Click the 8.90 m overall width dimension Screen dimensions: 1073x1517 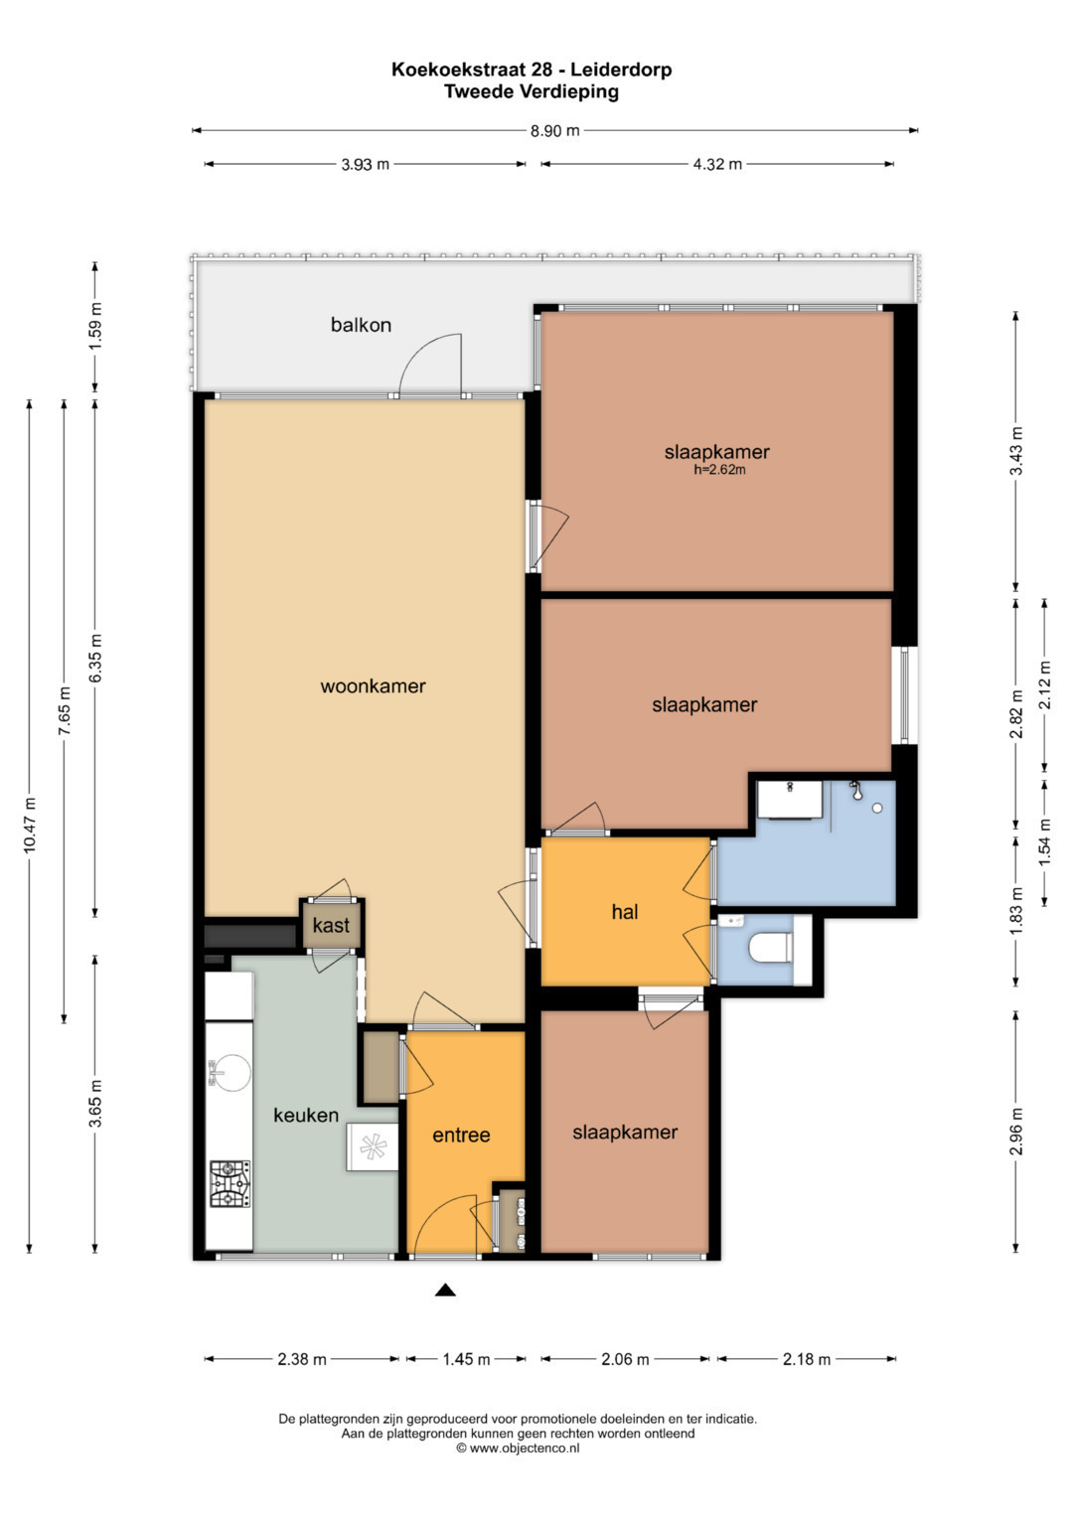click(x=554, y=131)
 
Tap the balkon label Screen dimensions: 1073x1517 click(x=361, y=325)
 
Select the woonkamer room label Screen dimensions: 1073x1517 click(x=373, y=686)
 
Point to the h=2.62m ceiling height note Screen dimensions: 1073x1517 click(x=719, y=470)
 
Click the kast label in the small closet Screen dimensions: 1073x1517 click(x=331, y=925)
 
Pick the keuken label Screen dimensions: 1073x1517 click(x=306, y=1116)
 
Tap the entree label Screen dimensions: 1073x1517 click(x=461, y=1136)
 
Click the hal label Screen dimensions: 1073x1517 click(x=625, y=912)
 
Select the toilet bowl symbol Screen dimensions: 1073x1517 click(x=772, y=947)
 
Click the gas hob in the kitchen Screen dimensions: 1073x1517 click(x=230, y=1184)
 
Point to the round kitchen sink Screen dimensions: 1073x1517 click(x=230, y=1073)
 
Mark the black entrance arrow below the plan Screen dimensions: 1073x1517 click(x=445, y=1290)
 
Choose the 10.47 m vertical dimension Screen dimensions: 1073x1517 click(x=29, y=826)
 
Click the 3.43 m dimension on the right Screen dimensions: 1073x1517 click(x=1015, y=451)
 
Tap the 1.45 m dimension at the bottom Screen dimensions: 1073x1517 click(x=466, y=1358)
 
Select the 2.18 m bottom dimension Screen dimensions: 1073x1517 click(x=807, y=1358)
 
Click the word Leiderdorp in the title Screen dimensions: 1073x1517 click(x=621, y=70)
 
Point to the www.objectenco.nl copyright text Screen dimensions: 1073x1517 click(x=519, y=1448)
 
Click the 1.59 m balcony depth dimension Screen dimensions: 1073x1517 click(x=94, y=327)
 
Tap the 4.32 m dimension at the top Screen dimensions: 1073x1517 click(x=717, y=164)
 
